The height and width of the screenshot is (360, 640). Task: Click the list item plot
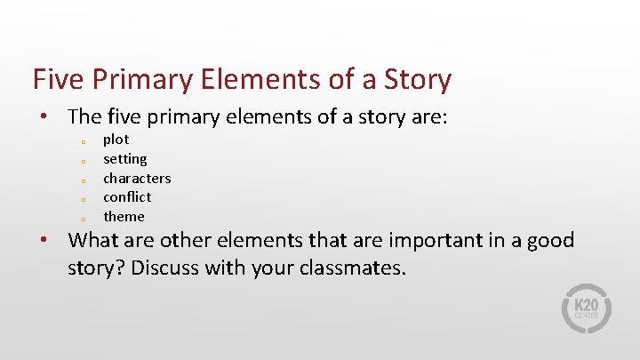116,140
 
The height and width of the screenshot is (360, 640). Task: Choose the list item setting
125,159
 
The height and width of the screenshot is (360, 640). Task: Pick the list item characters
137,178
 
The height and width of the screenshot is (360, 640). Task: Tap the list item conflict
127,197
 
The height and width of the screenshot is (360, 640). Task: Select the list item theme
124,217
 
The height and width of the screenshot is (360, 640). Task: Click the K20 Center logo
587,308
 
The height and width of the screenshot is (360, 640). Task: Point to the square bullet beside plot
81,141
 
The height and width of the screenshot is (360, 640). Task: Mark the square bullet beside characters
81,180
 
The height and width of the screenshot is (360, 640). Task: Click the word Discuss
165,268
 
